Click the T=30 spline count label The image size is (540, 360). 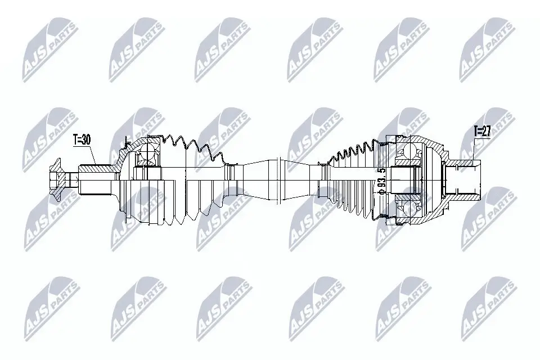pyautogui.click(x=82, y=139)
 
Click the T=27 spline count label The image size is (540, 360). pyautogui.click(x=482, y=131)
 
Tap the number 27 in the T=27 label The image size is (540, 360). pyautogui.click(x=486, y=131)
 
